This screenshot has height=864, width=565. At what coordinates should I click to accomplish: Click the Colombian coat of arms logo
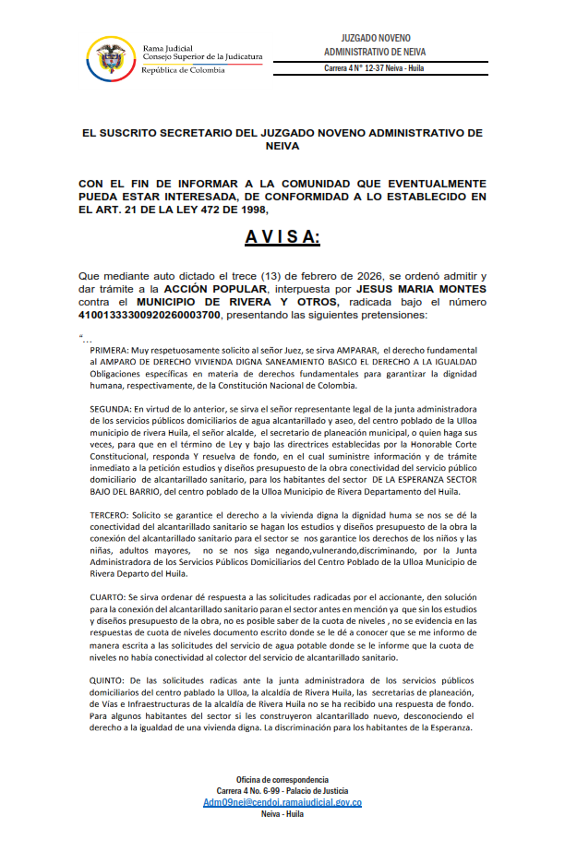[x=110, y=57]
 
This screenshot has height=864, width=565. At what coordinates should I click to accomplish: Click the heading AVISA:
[x=282, y=238]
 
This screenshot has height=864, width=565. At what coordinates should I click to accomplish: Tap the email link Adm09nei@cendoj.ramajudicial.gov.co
[x=282, y=802]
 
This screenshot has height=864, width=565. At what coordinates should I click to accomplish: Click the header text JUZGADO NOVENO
[x=374, y=34]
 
